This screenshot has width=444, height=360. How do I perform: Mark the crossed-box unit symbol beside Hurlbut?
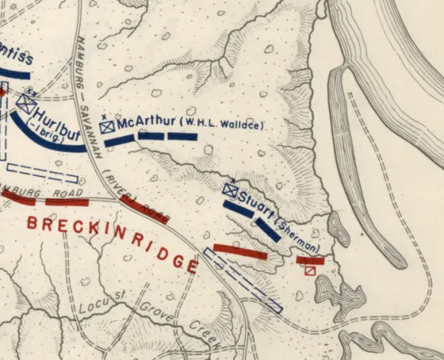point(26,104)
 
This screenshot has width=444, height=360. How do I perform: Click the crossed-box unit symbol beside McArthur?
point(107,127)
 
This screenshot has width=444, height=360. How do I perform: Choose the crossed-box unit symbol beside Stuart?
point(229,191)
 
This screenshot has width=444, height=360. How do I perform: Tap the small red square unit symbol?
point(310,271)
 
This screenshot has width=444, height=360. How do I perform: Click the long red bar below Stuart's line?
point(240,251)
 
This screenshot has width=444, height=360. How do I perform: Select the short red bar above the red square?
point(310,260)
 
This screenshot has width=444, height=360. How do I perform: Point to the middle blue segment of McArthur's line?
point(151,136)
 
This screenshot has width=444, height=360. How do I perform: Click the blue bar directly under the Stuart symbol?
point(238,208)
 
